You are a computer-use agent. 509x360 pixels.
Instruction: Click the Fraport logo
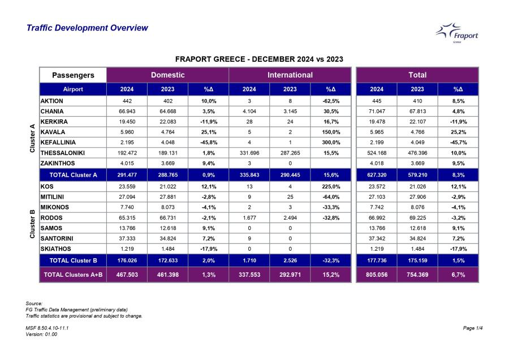457,33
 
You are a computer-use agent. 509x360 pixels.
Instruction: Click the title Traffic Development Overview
87,28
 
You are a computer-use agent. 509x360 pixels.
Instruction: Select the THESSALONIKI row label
63,153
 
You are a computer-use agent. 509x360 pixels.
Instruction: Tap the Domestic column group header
167,75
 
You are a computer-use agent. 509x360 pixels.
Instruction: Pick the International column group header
290,75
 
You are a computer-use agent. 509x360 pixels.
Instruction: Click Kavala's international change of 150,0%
331,132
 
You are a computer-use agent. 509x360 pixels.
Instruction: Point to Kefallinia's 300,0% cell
331,142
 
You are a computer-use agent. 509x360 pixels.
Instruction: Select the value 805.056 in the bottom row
377,275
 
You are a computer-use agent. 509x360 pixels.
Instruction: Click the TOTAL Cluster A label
73,175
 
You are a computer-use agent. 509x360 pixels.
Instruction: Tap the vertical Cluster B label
32,224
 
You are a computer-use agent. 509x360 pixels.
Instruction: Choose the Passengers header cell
73,75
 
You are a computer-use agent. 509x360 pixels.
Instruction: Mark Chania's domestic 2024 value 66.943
127,111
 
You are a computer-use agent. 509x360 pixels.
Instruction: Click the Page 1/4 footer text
473,328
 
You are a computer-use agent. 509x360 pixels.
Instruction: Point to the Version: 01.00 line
41,334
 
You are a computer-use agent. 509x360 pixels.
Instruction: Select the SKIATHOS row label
55,249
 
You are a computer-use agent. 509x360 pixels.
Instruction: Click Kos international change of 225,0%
331,186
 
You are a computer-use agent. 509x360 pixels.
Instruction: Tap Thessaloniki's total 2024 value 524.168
377,153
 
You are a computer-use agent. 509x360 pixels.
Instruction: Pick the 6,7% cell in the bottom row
458,275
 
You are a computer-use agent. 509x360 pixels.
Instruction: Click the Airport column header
73,89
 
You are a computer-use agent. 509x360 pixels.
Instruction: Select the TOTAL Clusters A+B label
73,275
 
